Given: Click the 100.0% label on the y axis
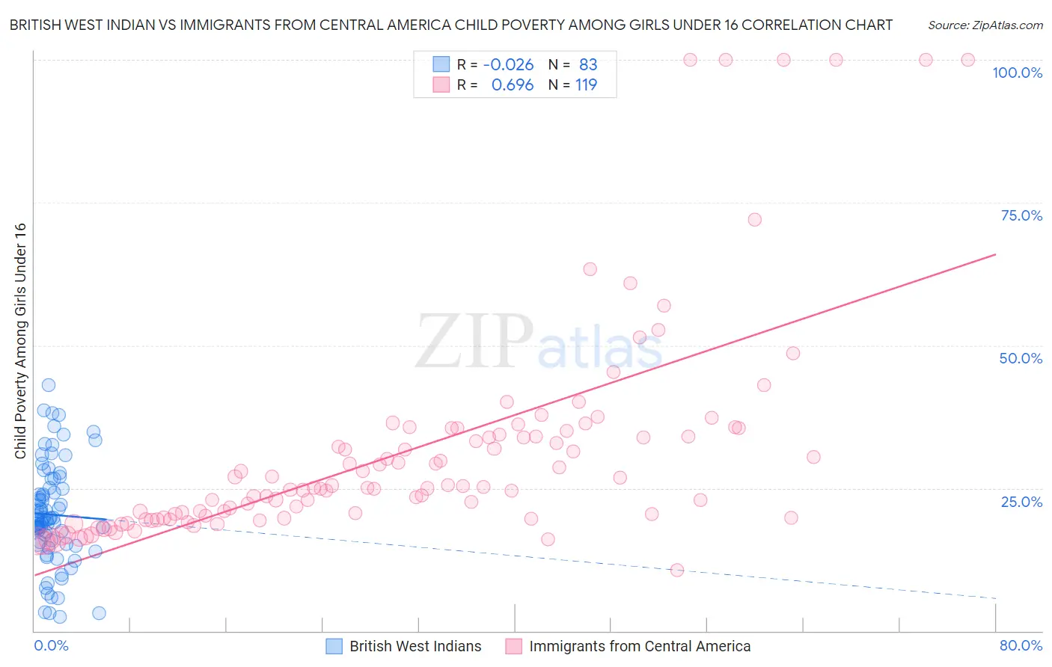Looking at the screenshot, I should pyautogui.click(x=1017, y=73).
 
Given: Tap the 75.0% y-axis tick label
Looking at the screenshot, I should pyautogui.click(x=1021, y=215).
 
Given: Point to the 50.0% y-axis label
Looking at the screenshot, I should pyautogui.click(x=1021, y=358).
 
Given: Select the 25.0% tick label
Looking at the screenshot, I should pyautogui.click(x=1021, y=502).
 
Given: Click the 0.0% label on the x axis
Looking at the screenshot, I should pyautogui.click(x=51, y=645).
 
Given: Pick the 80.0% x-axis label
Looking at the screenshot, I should pyautogui.click(x=1021, y=645).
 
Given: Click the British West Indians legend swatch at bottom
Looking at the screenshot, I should pyautogui.click(x=334, y=646).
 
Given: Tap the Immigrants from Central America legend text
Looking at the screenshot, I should pyautogui.click(x=640, y=646).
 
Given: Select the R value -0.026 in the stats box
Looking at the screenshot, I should pyautogui.click(x=508, y=64).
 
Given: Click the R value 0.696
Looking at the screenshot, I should pyautogui.click(x=512, y=85).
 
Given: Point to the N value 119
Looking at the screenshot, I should pyautogui.click(x=586, y=85).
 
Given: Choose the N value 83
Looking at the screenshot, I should pyautogui.click(x=588, y=64).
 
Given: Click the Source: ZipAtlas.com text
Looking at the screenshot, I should pyautogui.click(x=985, y=25).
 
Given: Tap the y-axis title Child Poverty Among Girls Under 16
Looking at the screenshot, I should pyautogui.click(x=20, y=341).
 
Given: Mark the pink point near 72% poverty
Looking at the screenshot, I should pyautogui.click(x=754, y=220).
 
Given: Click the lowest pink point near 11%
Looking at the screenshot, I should pyautogui.click(x=677, y=570).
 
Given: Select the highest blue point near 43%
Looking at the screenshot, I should pyautogui.click(x=49, y=385).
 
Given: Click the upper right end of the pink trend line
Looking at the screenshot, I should pyautogui.click(x=995, y=255).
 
